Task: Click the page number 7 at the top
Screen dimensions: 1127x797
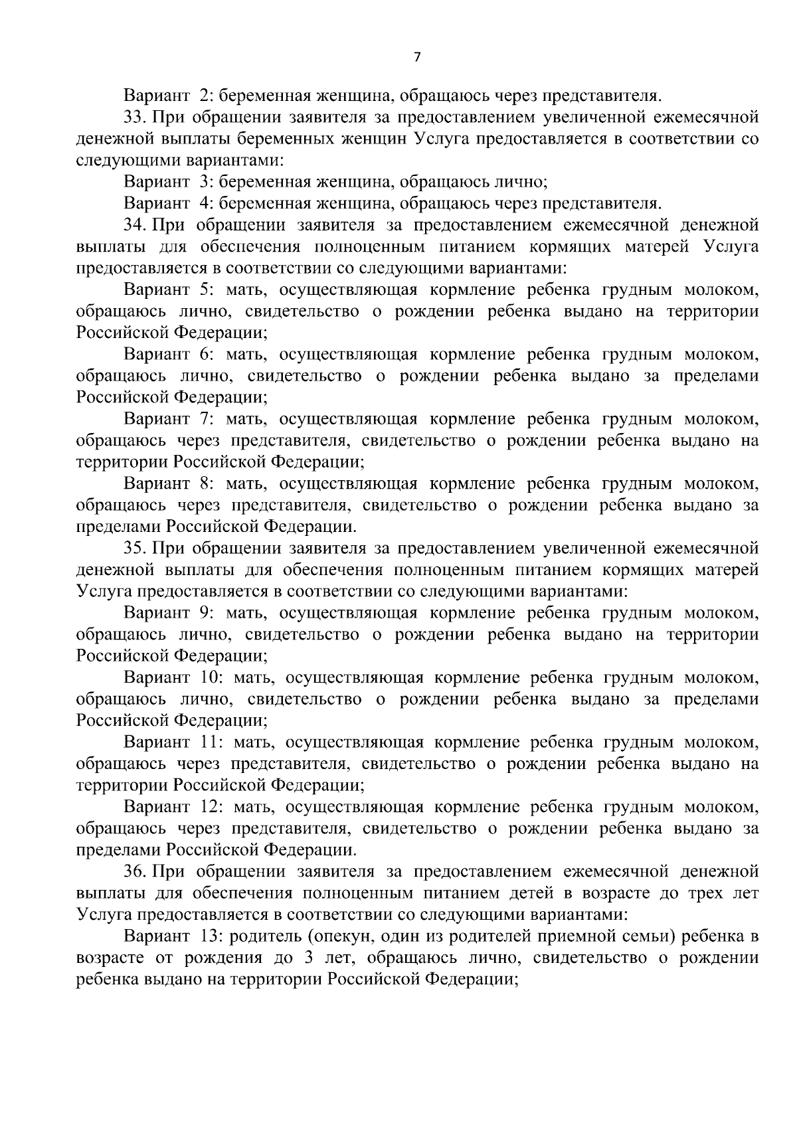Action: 417,57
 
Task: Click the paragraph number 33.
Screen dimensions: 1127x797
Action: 134,118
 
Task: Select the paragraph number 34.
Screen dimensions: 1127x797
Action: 134,225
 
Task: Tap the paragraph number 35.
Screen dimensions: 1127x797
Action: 134,548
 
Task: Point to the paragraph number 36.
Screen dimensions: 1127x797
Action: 134,871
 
